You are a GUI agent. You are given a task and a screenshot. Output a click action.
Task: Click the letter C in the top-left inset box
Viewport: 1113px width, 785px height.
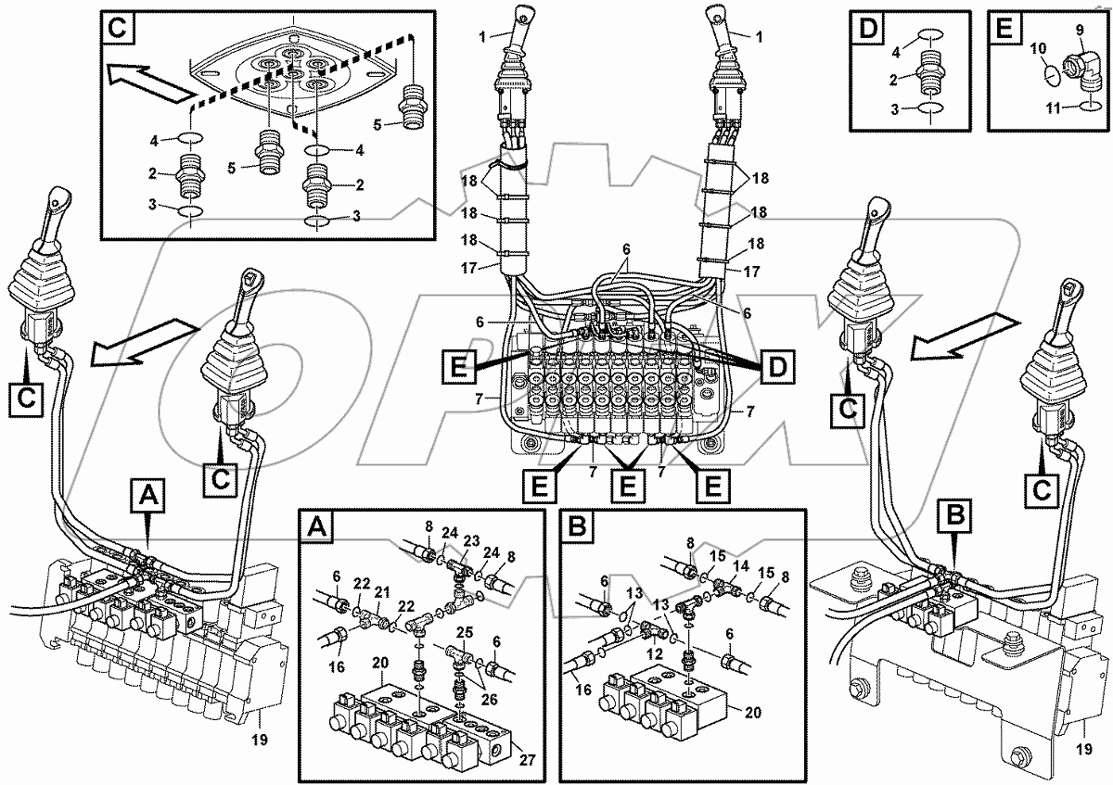click(118, 28)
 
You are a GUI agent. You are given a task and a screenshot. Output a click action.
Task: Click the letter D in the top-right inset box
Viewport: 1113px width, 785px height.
click(868, 27)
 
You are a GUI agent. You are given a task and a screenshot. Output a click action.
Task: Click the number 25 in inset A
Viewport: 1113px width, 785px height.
click(464, 633)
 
